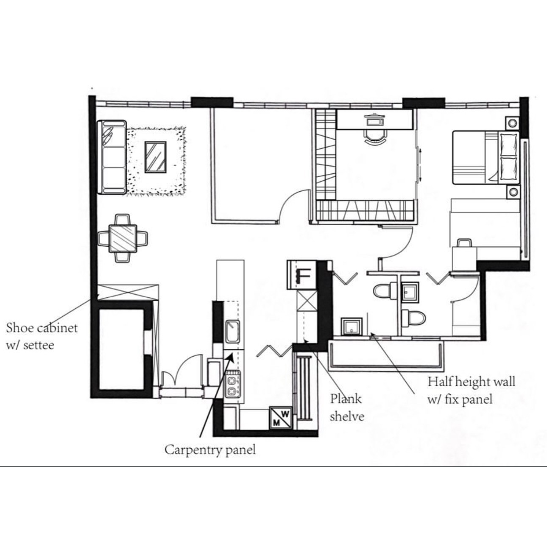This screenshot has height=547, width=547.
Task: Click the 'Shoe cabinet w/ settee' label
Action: (x=42, y=336)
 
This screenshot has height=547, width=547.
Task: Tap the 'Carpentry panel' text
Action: (x=210, y=449)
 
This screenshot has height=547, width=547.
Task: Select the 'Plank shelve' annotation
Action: (x=346, y=407)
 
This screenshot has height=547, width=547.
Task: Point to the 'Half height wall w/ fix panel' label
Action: (x=471, y=390)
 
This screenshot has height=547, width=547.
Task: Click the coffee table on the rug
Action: (x=156, y=157)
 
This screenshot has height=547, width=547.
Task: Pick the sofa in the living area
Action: (x=112, y=157)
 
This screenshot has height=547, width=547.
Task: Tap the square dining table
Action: (x=123, y=238)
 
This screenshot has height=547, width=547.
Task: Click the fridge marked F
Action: (x=302, y=274)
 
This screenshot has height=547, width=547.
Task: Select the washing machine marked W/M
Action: (x=281, y=417)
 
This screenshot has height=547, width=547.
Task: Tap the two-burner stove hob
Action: (x=232, y=385)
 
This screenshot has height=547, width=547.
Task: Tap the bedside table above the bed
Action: (x=512, y=123)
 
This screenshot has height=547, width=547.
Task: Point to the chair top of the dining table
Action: (x=123, y=220)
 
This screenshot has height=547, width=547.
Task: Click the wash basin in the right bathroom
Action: (x=410, y=292)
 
